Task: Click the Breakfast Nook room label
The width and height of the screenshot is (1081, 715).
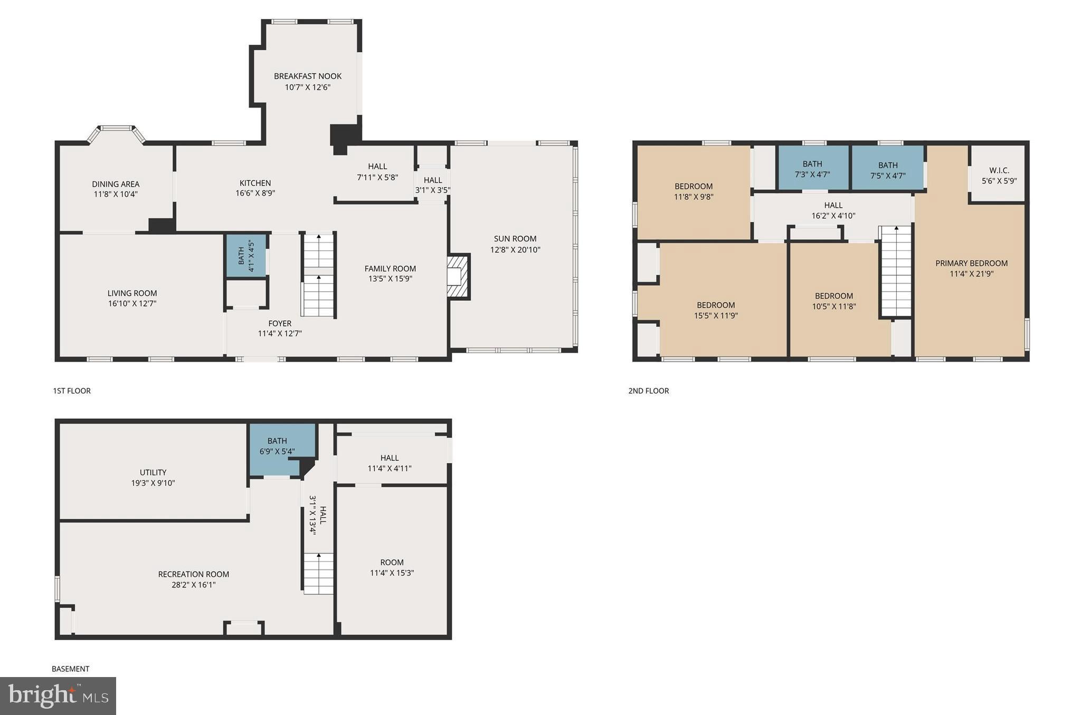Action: [307, 76]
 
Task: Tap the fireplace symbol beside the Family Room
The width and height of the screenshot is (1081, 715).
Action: [458, 277]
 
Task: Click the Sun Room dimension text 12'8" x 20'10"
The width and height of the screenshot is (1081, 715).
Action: [515, 250]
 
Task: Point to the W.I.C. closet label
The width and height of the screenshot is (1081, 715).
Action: [999, 170]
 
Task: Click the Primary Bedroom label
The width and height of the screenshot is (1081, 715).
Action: [971, 263]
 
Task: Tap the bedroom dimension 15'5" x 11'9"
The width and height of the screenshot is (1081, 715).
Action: [716, 316]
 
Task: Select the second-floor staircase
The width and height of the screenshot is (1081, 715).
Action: [896, 272]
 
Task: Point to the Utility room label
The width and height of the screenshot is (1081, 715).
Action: [153, 472]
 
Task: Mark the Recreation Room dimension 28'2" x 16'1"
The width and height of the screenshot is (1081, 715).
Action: [193, 585]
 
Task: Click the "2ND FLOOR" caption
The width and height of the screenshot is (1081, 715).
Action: [648, 391]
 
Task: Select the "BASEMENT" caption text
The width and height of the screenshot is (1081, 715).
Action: [70, 669]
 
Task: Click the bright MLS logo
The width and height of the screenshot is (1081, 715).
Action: [58, 695]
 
